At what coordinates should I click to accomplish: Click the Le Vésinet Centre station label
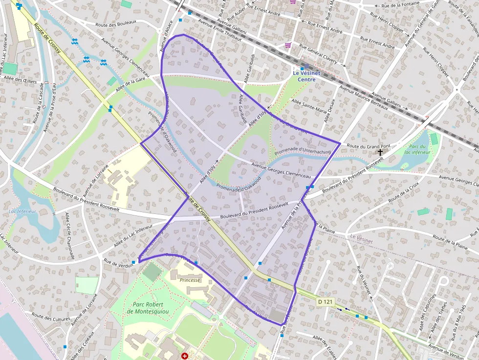(306, 76)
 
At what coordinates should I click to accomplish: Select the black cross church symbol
(380, 152)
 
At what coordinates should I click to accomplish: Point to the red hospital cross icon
(184, 357)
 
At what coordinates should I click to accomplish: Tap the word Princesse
(190, 280)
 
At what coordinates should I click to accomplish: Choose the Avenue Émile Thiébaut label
(219, 29)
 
